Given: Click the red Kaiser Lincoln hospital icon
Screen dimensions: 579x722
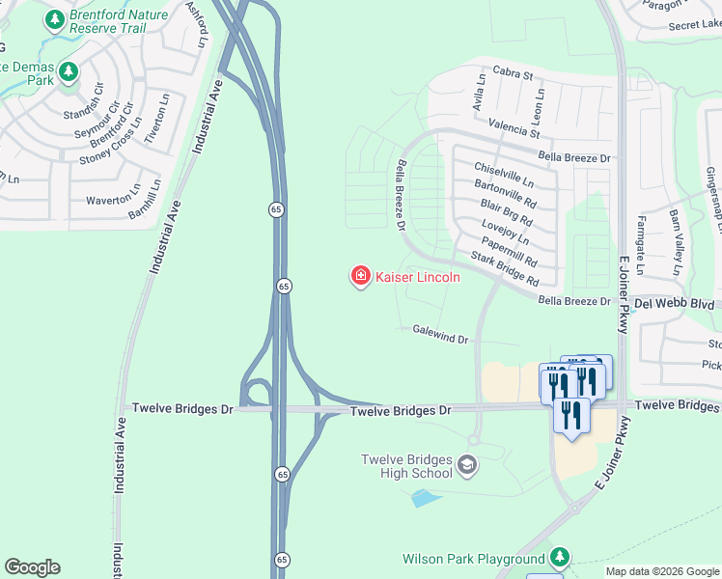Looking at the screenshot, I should tap(361, 277).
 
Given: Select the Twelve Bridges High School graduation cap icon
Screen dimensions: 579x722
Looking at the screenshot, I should tap(468, 465).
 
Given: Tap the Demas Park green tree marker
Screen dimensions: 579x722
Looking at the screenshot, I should tap(68, 71).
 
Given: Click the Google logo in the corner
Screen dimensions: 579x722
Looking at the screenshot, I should tap(32, 567).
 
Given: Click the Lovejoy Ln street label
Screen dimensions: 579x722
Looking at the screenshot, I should tap(505, 231).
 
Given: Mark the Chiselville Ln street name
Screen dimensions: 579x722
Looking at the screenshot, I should tap(503, 174).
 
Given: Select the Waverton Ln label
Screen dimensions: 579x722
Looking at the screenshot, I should tap(115, 200).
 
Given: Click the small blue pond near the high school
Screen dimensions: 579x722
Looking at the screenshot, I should tap(425, 498).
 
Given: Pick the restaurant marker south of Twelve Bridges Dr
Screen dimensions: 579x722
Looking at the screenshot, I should tap(571, 416).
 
